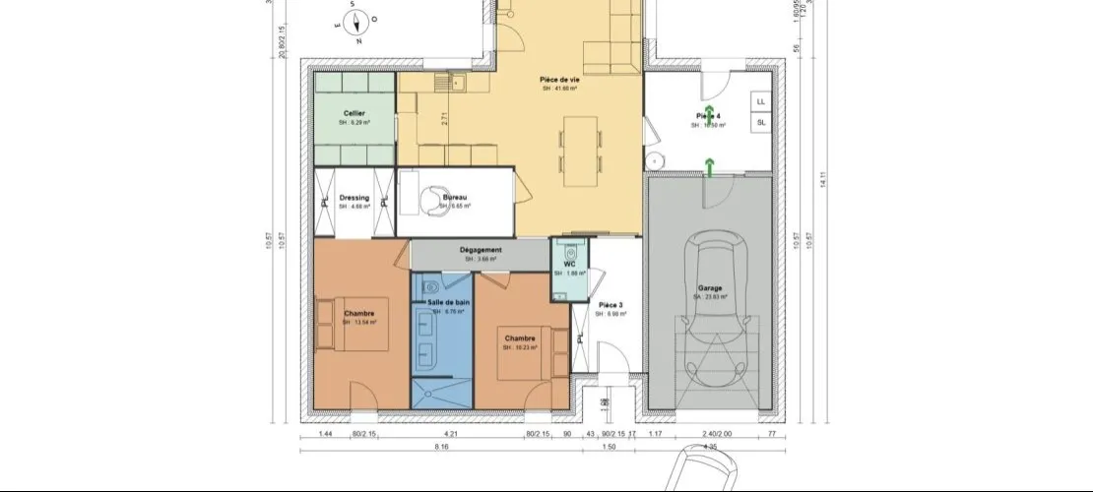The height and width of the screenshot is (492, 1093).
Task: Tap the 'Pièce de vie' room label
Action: (558, 80)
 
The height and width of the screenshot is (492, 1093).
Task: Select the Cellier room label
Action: (354, 114)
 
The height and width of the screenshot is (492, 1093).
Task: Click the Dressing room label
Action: (354, 198)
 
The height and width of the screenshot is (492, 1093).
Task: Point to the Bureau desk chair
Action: (430, 200)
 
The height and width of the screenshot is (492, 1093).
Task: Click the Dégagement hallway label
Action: (482, 250)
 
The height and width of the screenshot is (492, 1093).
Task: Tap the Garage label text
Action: (711, 288)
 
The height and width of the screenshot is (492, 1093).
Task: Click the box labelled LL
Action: (760, 101)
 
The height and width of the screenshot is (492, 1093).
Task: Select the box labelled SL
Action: (760, 122)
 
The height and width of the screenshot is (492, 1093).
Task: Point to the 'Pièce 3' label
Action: (611, 305)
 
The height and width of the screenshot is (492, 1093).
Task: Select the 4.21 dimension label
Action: (452, 433)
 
